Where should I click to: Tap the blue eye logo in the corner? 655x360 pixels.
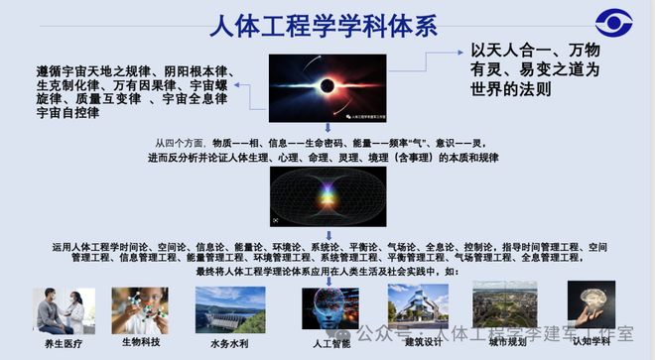click(613, 24)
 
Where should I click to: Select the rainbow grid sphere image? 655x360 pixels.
click(327, 197)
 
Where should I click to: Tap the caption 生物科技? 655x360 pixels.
click(139, 343)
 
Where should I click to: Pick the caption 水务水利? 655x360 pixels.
click(229, 343)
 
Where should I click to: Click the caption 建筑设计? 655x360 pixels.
click(422, 343)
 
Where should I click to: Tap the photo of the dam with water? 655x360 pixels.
click(229, 310)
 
